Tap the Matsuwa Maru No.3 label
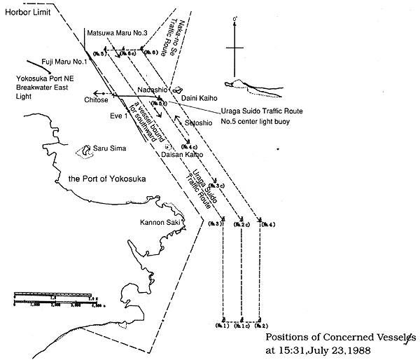(118, 32)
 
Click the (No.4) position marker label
(267, 224)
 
